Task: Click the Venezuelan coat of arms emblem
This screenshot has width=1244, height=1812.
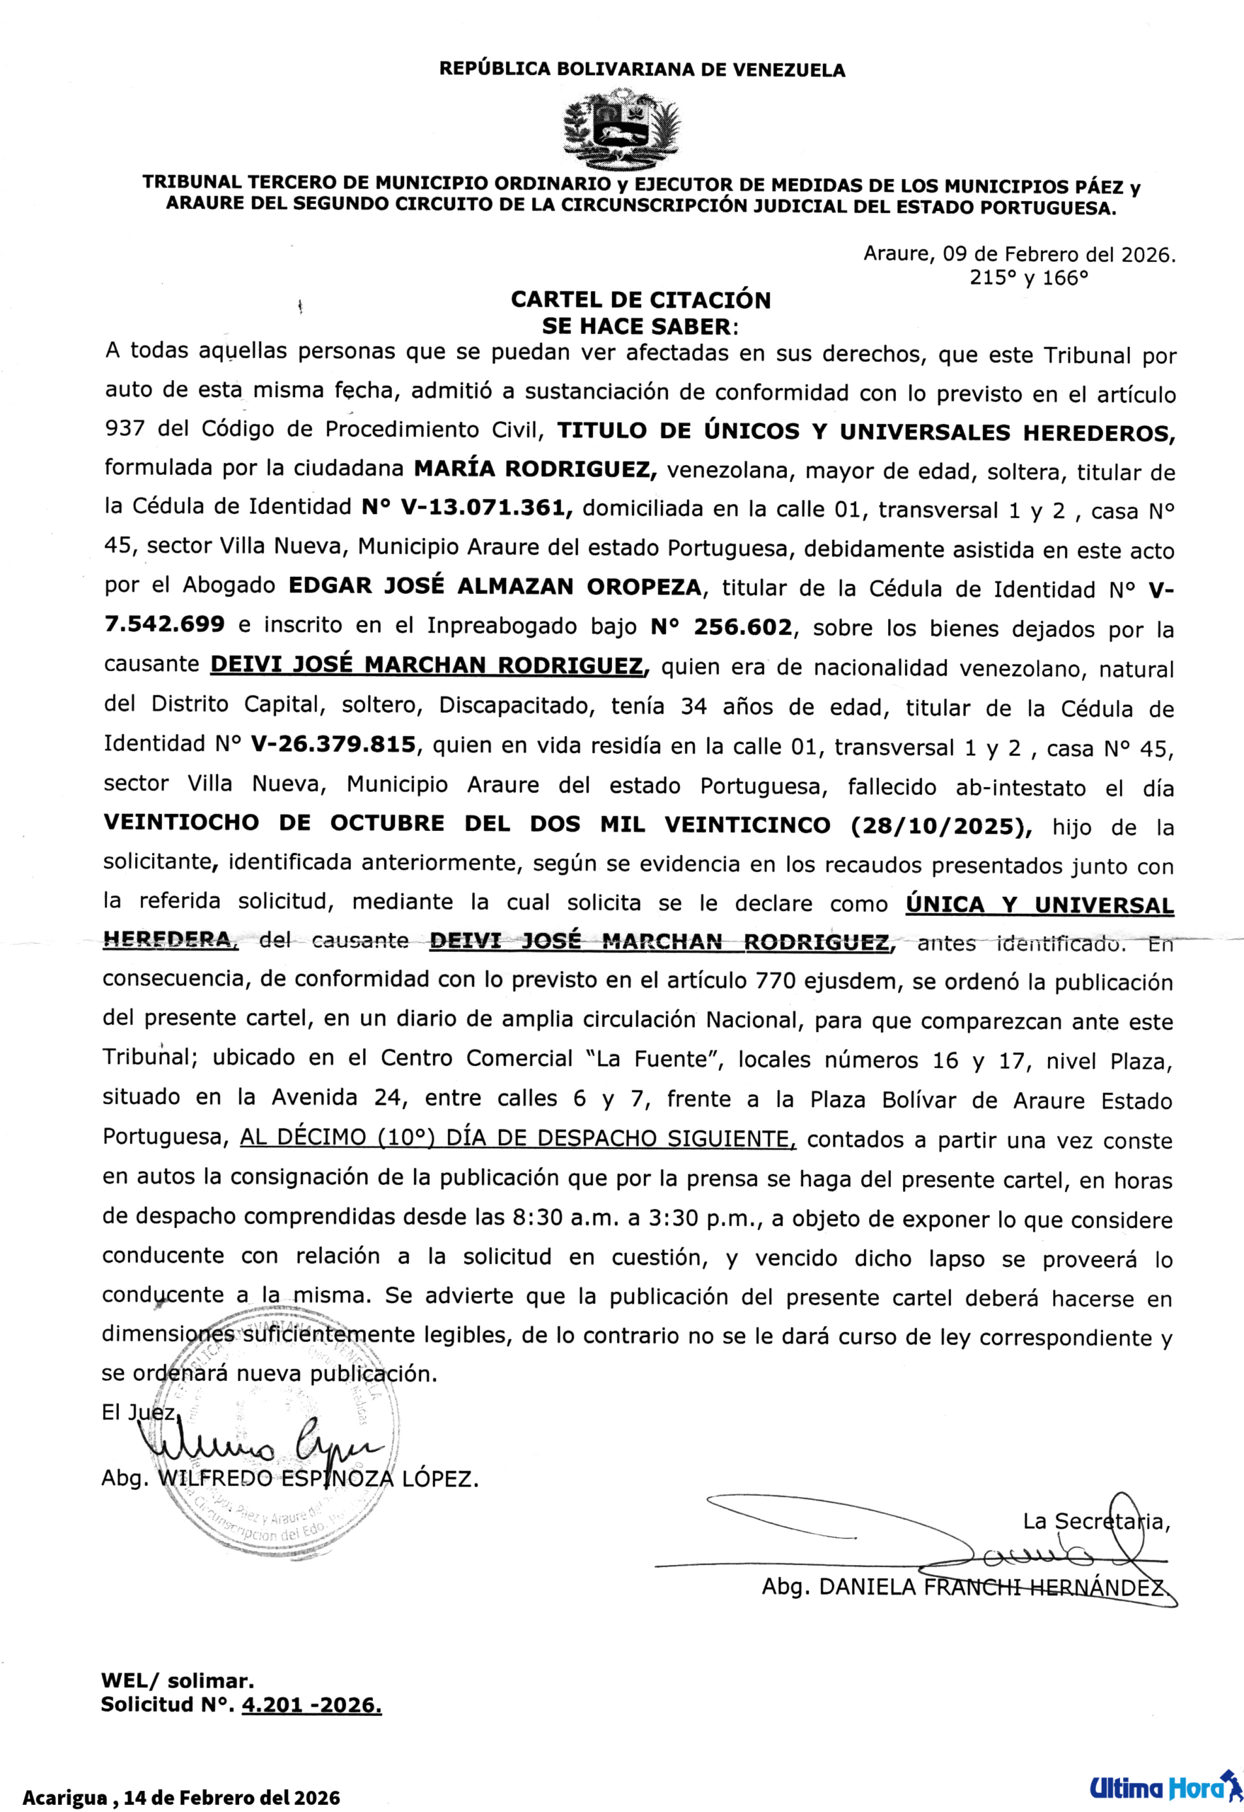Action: click(621, 130)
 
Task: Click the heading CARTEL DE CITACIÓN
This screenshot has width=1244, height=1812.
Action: click(640, 300)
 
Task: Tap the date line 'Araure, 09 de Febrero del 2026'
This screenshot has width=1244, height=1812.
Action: click(1019, 255)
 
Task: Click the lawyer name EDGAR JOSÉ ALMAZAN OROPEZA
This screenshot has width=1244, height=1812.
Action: click(495, 587)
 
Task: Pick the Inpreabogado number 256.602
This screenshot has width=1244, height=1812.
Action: click(721, 627)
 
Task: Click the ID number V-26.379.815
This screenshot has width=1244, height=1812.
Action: click(333, 745)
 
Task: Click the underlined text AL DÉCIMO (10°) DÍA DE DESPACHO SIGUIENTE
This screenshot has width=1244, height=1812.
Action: click(517, 1139)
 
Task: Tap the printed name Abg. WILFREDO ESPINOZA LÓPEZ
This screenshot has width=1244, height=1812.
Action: click(289, 1479)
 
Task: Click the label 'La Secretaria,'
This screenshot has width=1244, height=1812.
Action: click(1095, 1521)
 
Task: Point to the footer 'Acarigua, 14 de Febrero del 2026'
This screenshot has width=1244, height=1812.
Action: click(181, 1797)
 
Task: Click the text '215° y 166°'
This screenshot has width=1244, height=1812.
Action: click(1028, 278)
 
